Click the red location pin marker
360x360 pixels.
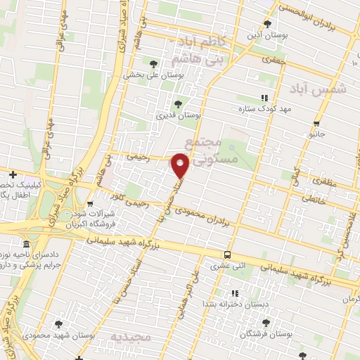[x=181, y=165]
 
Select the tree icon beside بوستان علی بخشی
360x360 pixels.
[x=154, y=65]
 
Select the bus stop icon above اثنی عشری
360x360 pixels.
[x=227, y=255]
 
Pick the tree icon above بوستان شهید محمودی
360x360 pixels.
[x=58, y=324]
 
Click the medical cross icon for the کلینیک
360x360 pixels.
[x=13, y=174]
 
